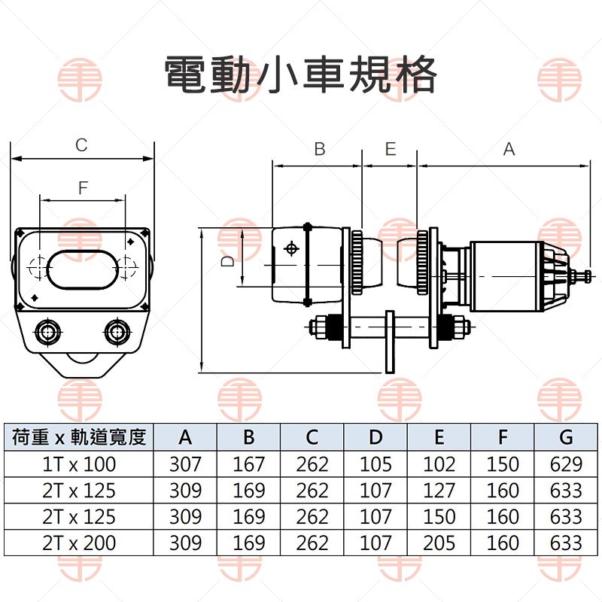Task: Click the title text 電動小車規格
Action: tap(301, 74)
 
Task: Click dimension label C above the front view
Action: tap(82, 144)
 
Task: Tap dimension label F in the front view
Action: tap(83, 188)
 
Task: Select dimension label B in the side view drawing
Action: tap(319, 149)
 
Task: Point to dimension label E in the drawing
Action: tap(390, 149)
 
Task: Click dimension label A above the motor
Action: tap(509, 149)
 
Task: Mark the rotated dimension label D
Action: tap(229, 260)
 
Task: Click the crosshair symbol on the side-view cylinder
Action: tap(291, 249)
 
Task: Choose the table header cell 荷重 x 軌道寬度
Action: tap(79, 437)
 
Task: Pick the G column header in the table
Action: tap(566, 437)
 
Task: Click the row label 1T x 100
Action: tap(79, 464)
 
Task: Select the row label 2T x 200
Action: tap(79, 543)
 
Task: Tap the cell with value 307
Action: tap(185, 464)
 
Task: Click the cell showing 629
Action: tap(566, 464)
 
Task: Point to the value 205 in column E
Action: tap(439, 543)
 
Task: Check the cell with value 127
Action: tap(439, 491)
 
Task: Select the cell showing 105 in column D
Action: tap(375, 464)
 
